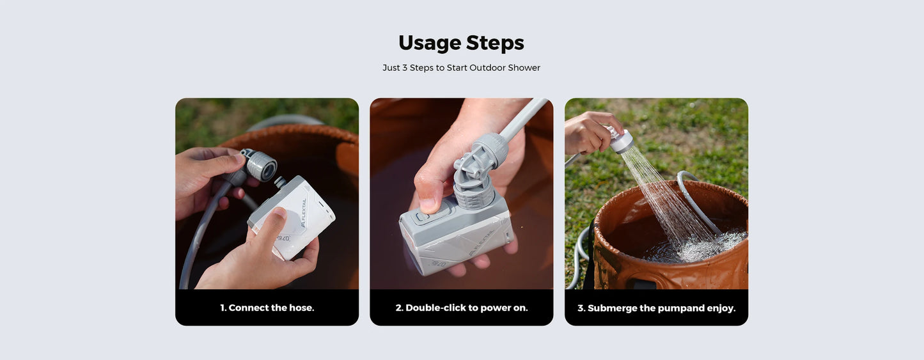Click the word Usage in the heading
coord(429,43)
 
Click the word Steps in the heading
coord(495,43)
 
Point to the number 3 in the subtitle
coord(405,68)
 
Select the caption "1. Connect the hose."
coord(267,308)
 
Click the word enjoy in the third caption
coord(720,308)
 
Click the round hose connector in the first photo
coord(261,166)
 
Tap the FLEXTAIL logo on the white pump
coord(303,212)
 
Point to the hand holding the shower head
coord(587,132)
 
